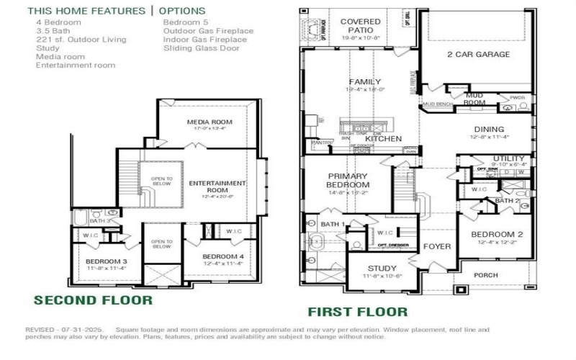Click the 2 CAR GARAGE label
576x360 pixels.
tap(478, 55)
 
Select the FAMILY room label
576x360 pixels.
tap(365, 82)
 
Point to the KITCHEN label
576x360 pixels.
tap(388, 138)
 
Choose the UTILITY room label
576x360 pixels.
tap(509, 159)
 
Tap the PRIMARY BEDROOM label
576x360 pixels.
tap(348, 181)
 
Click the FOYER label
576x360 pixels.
tap(437, 247)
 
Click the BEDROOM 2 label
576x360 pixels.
tap(497, 235)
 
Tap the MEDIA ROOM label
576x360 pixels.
tap(210, 122)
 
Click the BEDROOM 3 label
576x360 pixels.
tap(106, 261)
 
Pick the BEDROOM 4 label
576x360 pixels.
tap(222, 257)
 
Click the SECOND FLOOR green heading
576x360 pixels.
tap(93, 300)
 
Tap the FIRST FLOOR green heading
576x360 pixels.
tap(357, 312)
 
